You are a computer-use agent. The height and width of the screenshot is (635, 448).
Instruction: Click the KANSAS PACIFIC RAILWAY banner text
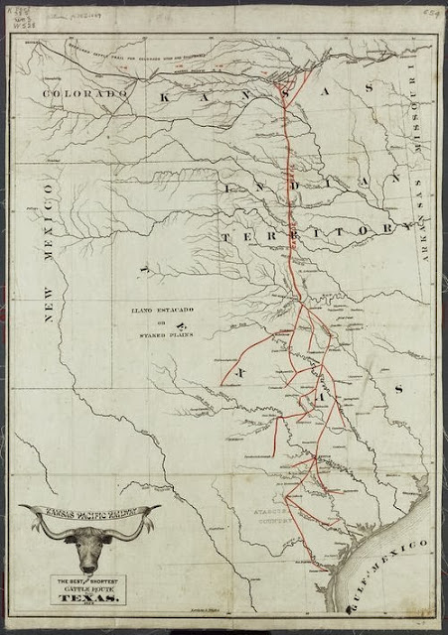coord(88,514)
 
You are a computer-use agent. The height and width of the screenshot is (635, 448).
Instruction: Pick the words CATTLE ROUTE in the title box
coord(90,587)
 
